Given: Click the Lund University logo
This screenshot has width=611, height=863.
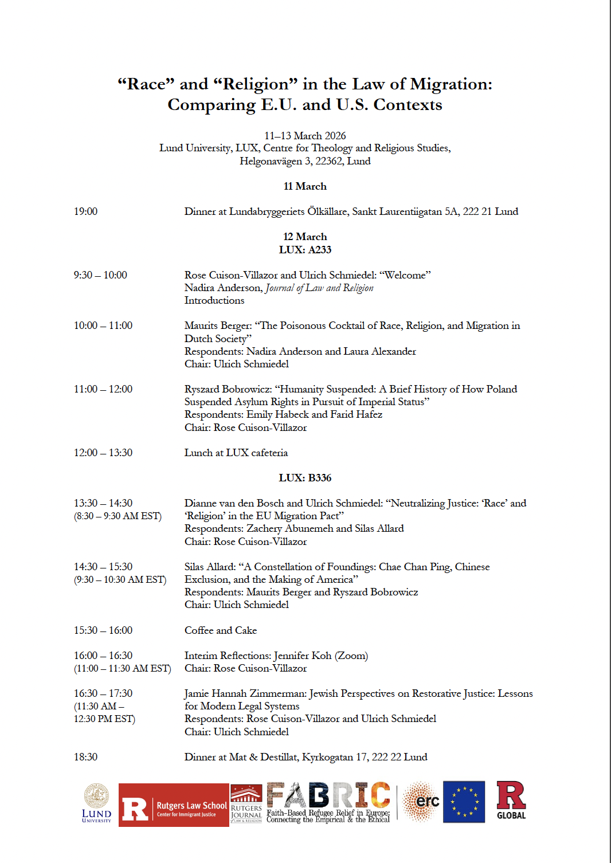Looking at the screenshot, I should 96,803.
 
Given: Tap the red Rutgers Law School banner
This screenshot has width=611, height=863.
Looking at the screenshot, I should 174,805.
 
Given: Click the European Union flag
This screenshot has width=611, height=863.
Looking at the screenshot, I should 464,802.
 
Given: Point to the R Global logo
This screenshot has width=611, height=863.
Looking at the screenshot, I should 511,801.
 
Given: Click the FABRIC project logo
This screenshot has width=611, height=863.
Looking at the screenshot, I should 328,802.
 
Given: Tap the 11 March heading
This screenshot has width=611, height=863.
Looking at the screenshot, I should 305,186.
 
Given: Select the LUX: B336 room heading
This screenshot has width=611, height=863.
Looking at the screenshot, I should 305,478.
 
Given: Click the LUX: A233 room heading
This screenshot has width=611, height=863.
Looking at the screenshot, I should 305,250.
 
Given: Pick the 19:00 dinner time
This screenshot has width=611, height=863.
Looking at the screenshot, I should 85,211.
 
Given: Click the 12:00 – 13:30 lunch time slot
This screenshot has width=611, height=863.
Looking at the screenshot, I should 103,453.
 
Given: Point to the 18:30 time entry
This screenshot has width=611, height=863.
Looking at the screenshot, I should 85,757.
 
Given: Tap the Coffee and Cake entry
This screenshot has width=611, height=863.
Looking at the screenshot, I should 221,630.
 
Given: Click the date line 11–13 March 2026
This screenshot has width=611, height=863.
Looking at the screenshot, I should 305,136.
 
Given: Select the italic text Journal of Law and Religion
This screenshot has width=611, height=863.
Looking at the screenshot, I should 319,288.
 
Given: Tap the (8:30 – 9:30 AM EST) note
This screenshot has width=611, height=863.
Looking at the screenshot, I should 117,516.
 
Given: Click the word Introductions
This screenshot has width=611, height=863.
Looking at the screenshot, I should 214,300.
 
